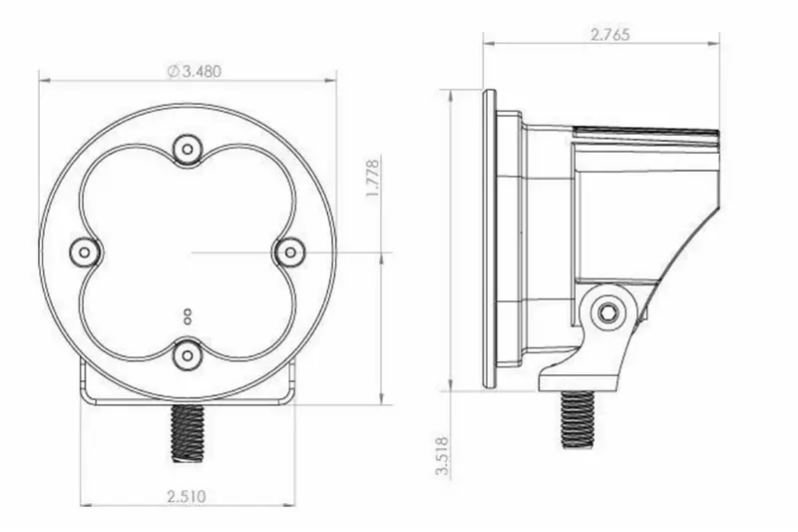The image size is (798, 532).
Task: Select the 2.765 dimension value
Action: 610,35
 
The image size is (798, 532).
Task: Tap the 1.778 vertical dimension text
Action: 373,179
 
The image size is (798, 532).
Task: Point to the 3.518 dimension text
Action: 443,455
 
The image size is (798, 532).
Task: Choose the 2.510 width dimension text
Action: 187,495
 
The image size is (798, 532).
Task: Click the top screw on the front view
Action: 188,150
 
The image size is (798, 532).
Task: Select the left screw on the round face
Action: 85,253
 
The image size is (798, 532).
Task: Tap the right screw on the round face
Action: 289,252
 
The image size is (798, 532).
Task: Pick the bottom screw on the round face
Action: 188,355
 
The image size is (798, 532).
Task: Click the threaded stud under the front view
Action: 187,433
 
